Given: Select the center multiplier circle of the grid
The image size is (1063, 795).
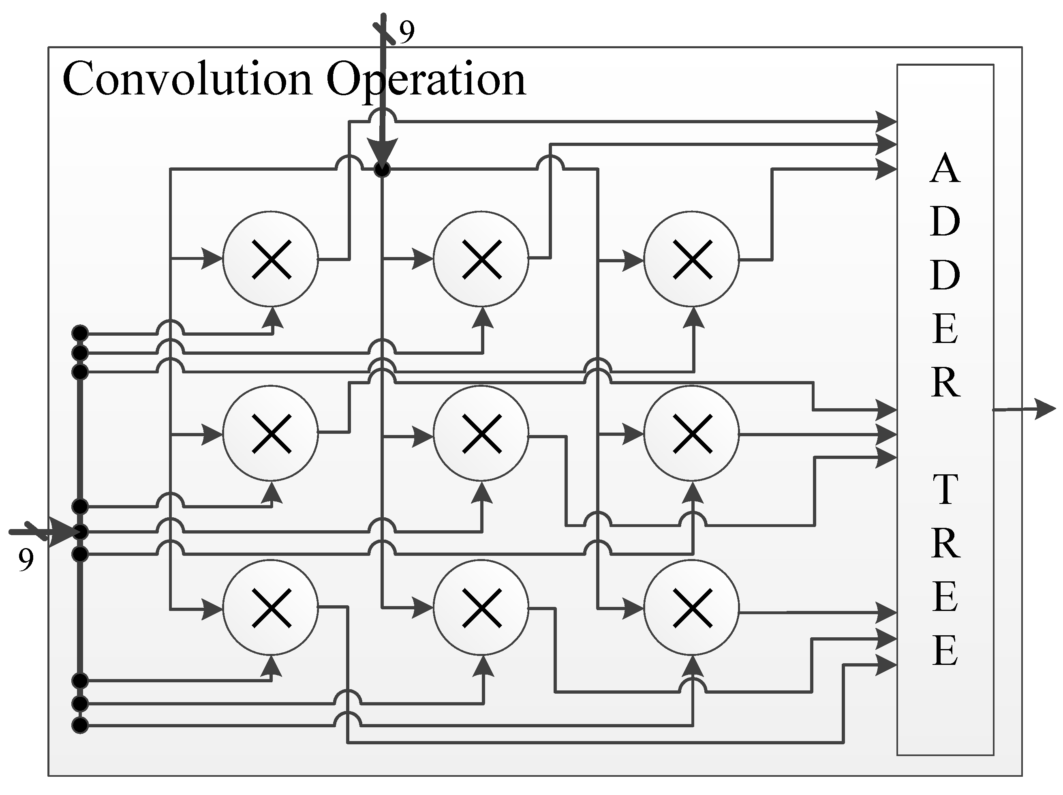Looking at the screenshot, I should click(481, 433).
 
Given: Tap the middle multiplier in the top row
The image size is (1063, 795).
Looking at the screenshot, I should click(481, 259).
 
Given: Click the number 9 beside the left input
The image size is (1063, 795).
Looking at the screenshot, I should click(26, 560).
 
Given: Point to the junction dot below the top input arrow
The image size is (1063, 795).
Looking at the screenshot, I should click(382, 169).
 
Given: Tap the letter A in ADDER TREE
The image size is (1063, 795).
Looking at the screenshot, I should click(945, 169).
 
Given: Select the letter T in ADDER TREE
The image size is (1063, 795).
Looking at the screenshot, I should click(945, 490).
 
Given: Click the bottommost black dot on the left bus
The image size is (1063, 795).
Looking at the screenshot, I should click(80, 725).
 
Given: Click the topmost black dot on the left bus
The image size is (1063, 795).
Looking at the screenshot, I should click(80, 332).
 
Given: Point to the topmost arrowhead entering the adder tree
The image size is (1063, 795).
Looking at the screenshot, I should click(885, 122).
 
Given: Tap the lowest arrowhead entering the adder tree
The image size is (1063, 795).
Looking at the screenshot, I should click(885, 665).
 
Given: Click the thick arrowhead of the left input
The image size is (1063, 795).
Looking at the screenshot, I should click(62, 532).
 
